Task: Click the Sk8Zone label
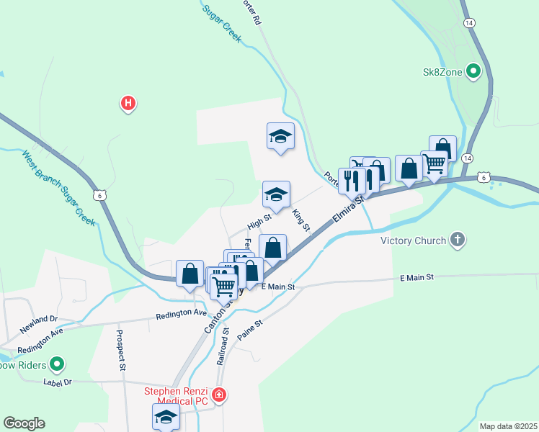[442, 71]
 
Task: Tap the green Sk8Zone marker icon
[473, 71]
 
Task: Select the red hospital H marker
[128, 104]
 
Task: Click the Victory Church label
[414, 240]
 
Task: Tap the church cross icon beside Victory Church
[457, 240]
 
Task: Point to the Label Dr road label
[58, 382]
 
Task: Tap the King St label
[300, 220]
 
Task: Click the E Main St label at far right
[417, 277]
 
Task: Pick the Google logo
[24, 423]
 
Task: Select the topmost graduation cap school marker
[280, 135]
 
